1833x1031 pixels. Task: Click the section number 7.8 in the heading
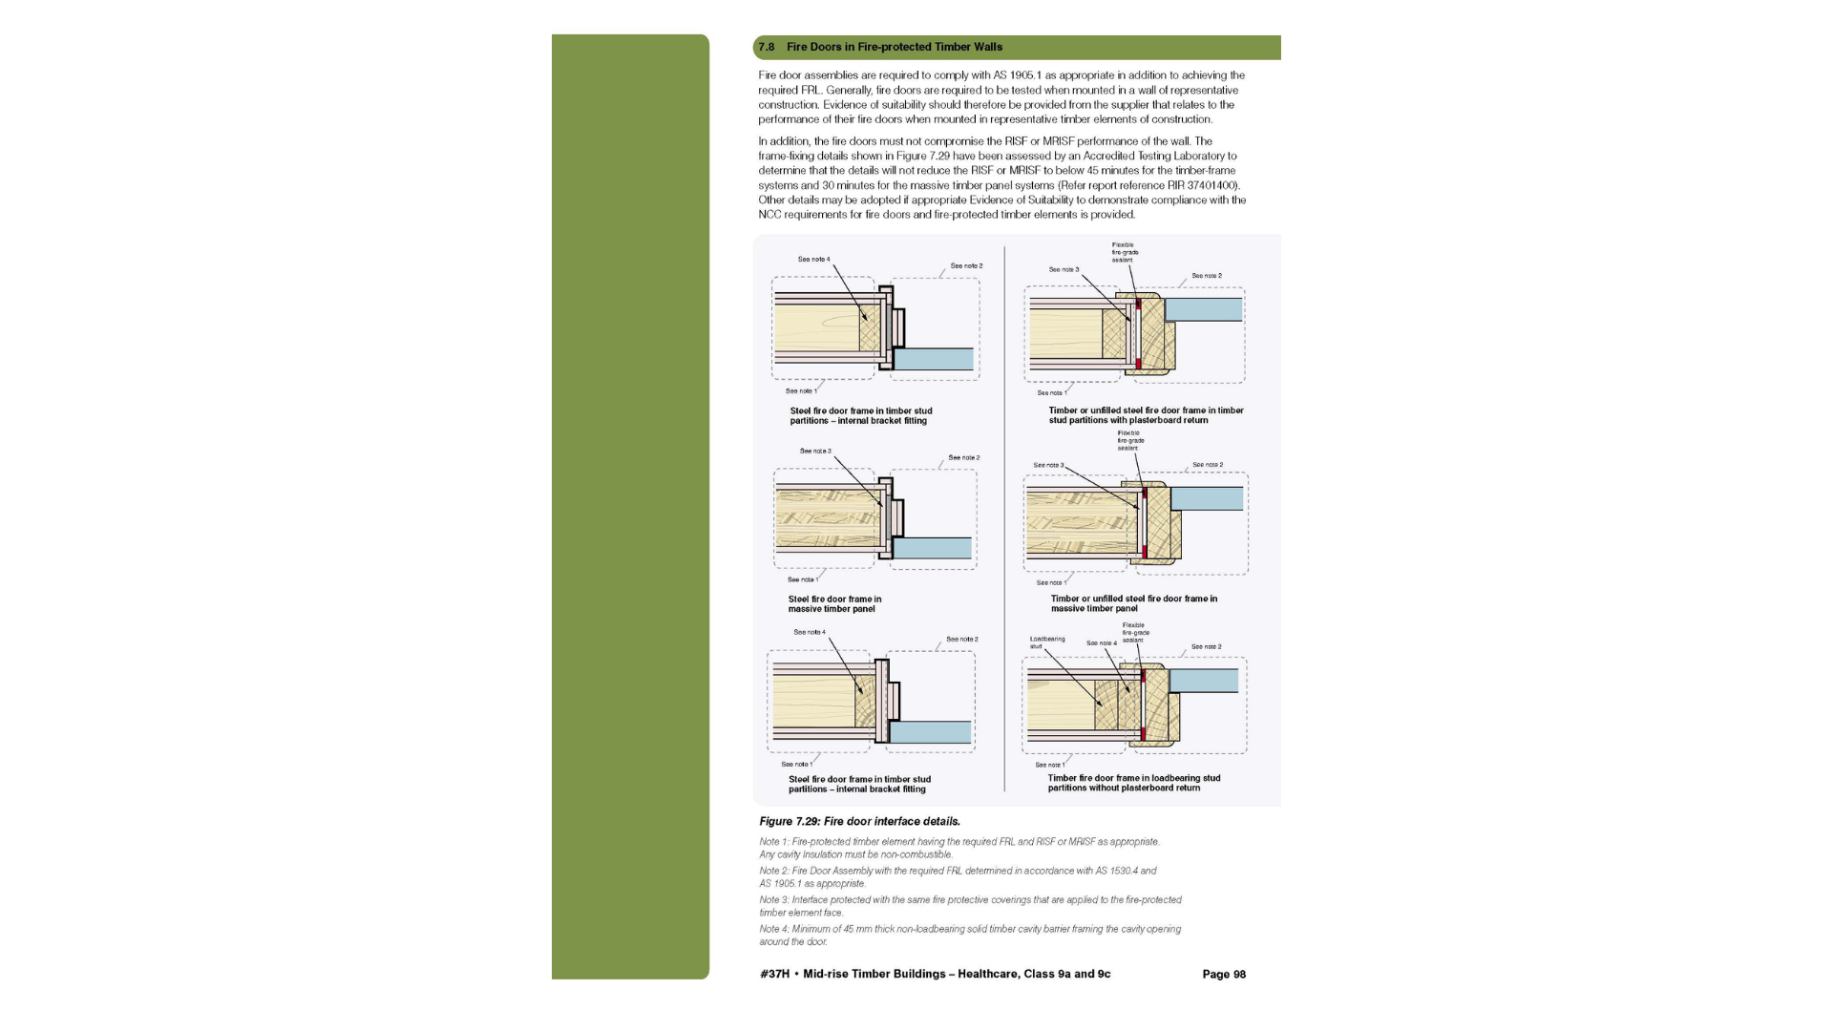click(x=766, y=47)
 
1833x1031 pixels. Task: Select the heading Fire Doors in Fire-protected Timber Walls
click(x=894, y=47)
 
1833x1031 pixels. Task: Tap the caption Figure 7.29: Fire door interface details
click(x=859, y=821)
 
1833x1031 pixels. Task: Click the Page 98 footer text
click(x=1223, y=974)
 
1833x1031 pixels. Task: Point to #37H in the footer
click(x=774, y=974)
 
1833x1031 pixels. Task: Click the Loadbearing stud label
click(x=1046, y=642)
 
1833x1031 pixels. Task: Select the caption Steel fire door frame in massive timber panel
click(x=834, y=603)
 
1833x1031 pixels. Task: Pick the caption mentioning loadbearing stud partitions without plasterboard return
click(x=1133, y=783)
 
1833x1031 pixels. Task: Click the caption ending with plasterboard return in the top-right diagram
click(x=1146, y=415)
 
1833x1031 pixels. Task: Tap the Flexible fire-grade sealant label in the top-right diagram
click(x=1125, y=252)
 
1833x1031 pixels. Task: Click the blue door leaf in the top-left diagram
click(x=934, y=359)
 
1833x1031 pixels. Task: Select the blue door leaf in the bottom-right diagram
click(x=1203, y=680)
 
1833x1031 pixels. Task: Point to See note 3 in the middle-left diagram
click(x=815, y=451)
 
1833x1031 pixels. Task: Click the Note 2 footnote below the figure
click(x=957, y=876)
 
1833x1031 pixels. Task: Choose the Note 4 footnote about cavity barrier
click(x=969, y=935)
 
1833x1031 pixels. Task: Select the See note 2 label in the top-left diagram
click(x=966, y=265)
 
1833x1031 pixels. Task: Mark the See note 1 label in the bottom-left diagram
click(x=796, y=764)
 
